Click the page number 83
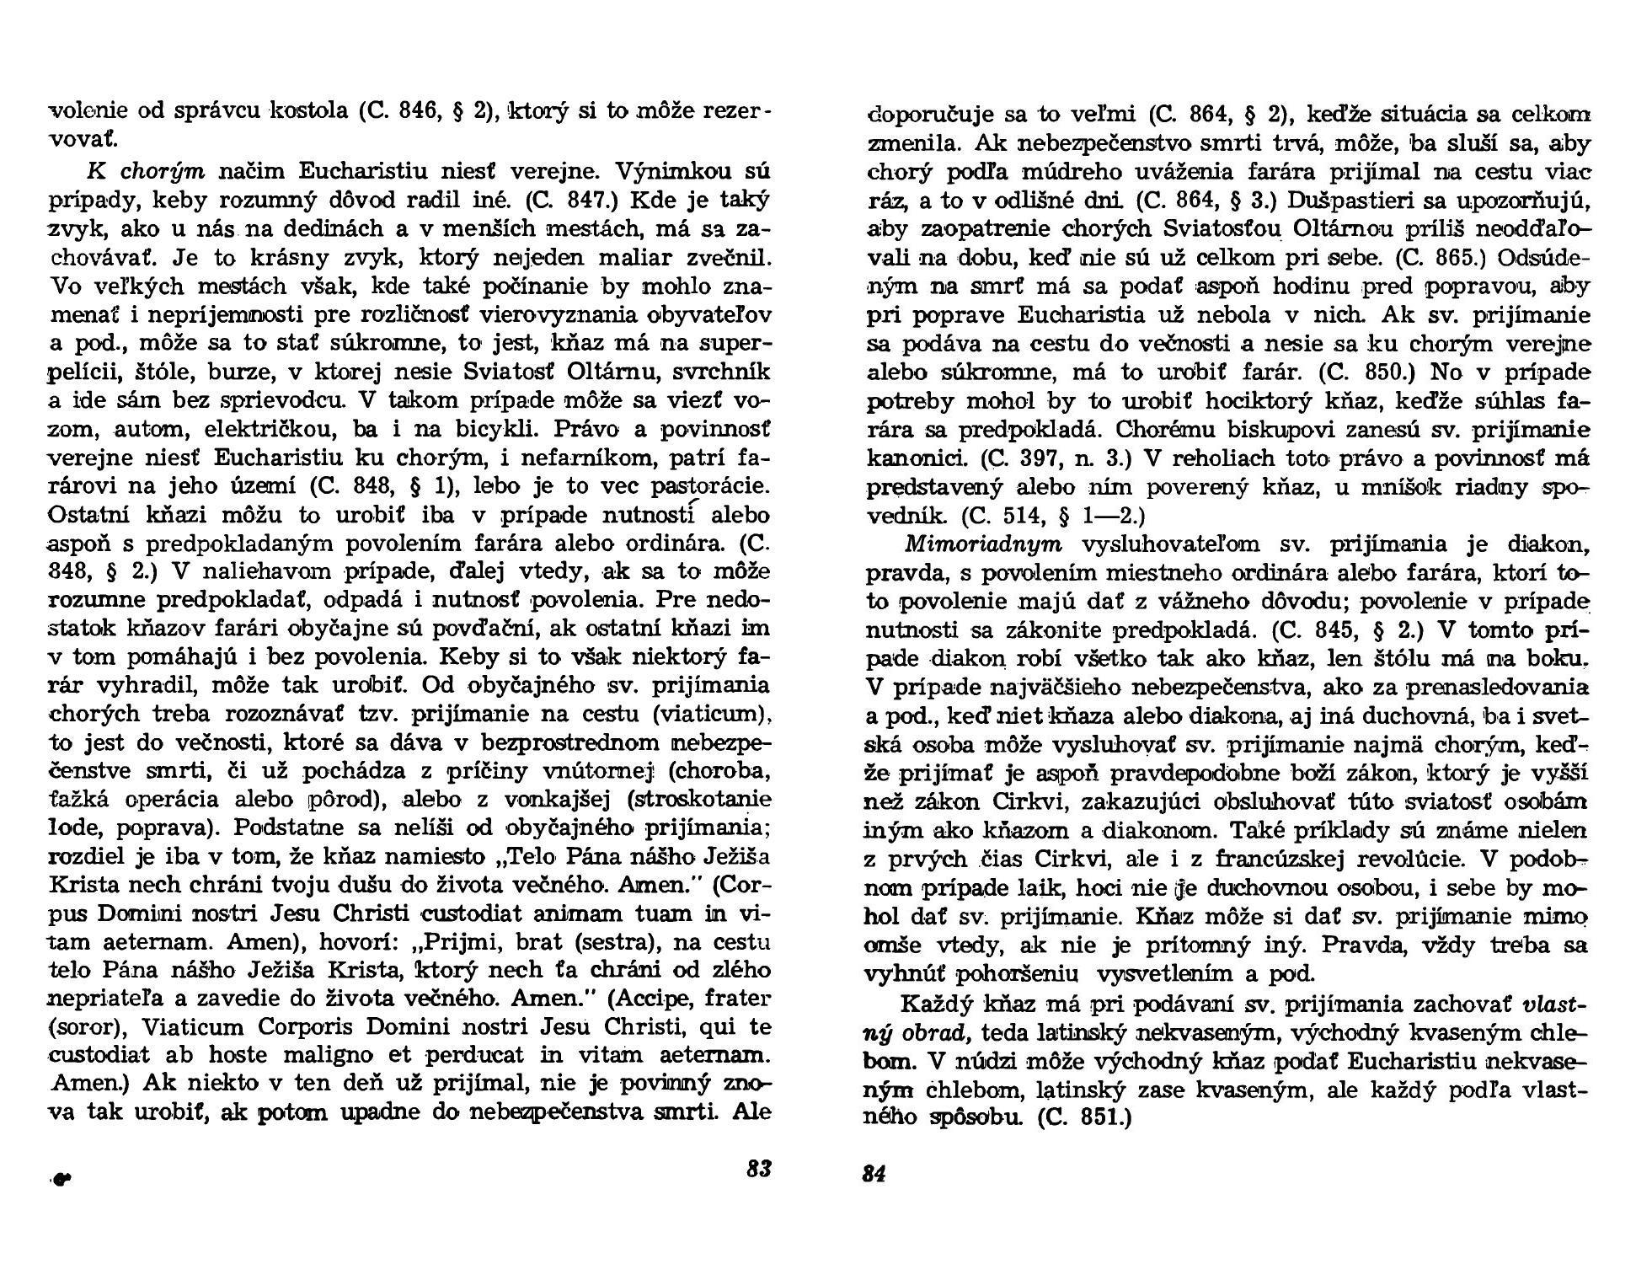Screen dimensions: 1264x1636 click(x=759, y=1170)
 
